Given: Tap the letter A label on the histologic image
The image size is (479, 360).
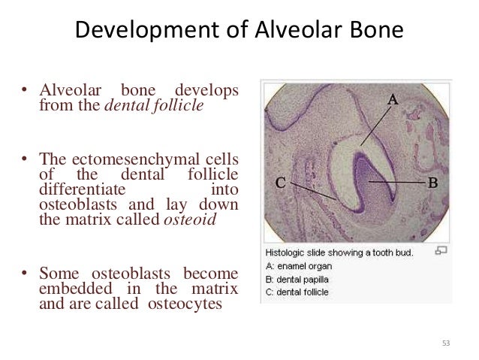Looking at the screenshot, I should pos(393,99).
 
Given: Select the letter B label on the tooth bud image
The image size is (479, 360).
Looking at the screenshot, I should pos(432,182).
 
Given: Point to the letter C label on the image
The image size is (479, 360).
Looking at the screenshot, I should pos(279,182).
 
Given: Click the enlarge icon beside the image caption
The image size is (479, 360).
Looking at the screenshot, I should pos(441,251).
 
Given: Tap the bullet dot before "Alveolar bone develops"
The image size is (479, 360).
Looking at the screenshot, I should pos(24,93).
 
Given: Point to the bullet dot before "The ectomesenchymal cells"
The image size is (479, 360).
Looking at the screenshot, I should pos(24,159).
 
